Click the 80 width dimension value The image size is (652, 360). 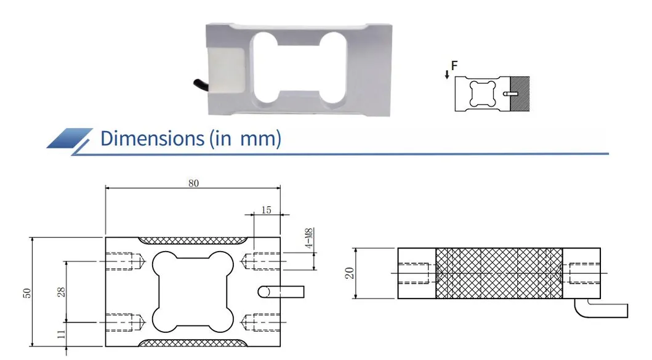point(193,183)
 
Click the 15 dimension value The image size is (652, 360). point(266,210)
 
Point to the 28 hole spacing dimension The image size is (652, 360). point(61,291)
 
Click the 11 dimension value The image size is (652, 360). point(61,334)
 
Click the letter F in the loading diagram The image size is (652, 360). point(454,65)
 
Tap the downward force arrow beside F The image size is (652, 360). point(446,74)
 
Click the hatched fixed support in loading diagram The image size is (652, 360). point(521,94)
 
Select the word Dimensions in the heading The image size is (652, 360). point(151,138)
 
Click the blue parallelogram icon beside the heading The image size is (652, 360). point(69,138)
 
